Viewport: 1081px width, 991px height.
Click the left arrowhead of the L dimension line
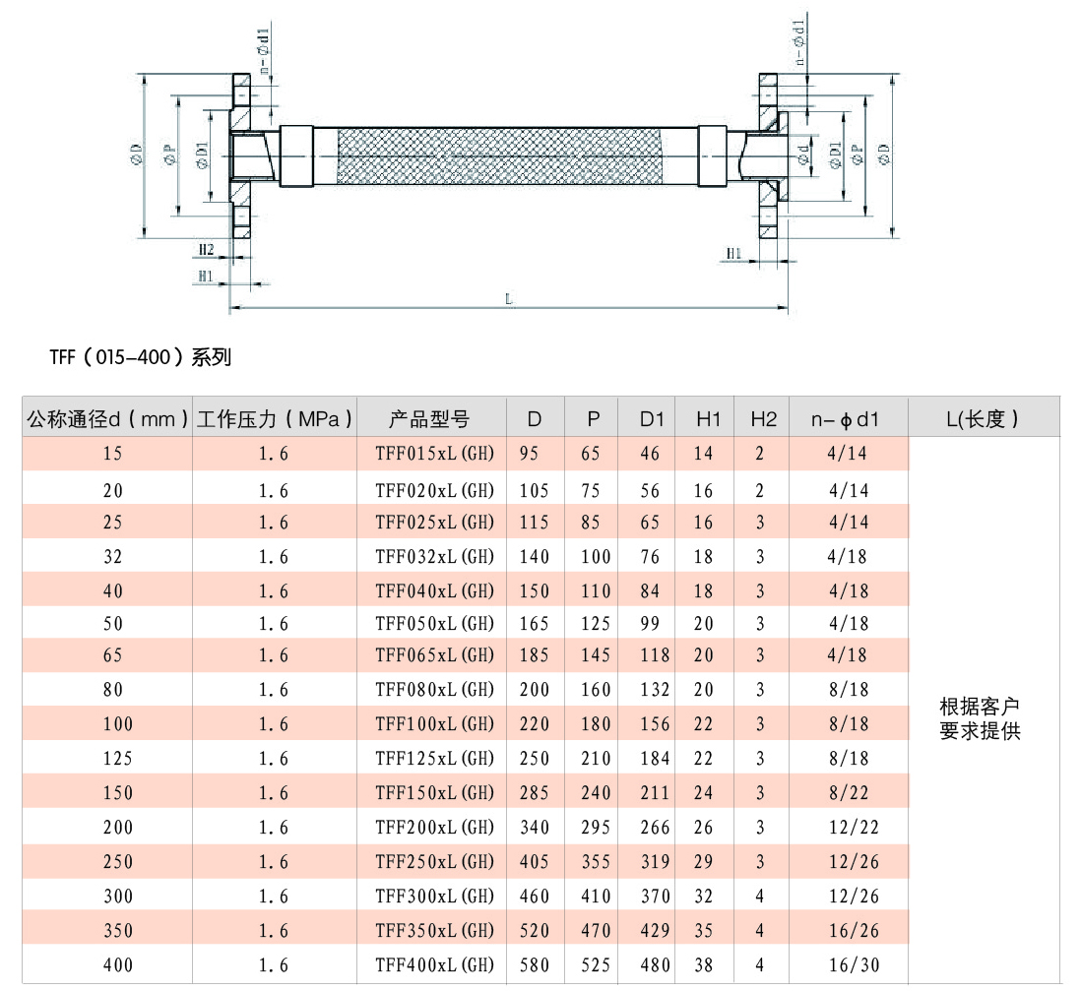[230, 306]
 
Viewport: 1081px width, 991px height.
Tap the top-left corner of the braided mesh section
[338, 130]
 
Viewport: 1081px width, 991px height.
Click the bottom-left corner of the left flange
[233, 238]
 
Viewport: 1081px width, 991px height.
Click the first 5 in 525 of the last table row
[586, 964]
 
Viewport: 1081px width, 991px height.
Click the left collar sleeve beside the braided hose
[296, 156]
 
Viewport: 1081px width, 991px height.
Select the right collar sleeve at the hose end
[712, 156]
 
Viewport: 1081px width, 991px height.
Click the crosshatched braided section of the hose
[501, 156]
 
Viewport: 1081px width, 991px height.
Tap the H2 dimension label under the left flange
[206, 250]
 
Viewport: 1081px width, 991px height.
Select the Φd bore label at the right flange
[803, 155]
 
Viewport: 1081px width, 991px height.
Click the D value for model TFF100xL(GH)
[535, 723]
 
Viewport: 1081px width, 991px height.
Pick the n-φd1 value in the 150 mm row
[849, 792]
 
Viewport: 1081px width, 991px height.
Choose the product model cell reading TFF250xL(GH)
[434, 861]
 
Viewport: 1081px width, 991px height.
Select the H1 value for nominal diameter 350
[703, 930]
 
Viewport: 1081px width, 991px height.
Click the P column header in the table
[593, 419]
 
